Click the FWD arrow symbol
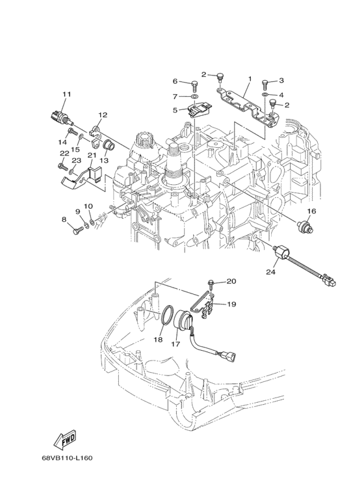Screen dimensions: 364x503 (x=66, y=439)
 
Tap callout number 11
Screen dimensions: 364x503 (x=67, y=94)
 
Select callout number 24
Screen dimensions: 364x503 (x=270, y=272)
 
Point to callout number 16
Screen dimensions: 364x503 (x=311, y=211)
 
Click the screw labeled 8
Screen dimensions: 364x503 (x=78, y=230)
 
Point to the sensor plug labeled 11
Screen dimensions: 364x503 (x=62, y=118)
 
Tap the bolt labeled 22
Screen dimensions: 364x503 (x=62, y=166)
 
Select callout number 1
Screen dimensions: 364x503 (x=250, y=78)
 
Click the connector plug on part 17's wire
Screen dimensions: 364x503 (x=231, y=357)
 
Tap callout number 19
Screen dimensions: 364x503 (x=231, y=304)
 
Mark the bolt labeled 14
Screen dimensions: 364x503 (x=72, y=131)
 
